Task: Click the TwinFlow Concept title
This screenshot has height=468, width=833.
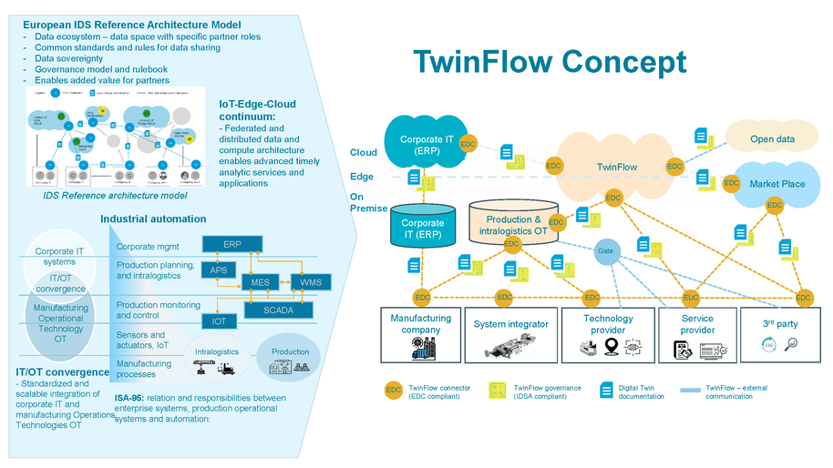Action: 549,62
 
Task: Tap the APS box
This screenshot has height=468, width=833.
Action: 219,270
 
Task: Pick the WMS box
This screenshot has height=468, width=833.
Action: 311,283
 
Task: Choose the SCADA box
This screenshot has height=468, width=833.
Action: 279,310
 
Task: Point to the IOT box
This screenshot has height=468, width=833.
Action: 219,321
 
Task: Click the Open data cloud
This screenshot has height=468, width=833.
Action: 771,139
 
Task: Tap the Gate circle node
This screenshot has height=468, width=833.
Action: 605,251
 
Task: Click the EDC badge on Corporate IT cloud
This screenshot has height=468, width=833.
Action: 468,144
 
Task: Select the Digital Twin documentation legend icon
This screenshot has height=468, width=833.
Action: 606,391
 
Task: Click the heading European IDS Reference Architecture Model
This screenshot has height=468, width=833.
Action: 131,24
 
